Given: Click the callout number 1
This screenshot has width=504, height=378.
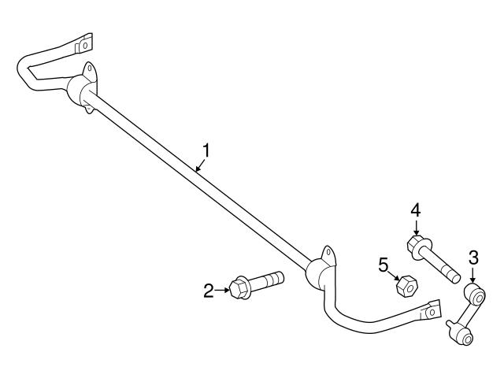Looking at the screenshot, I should click(x=207, y=149).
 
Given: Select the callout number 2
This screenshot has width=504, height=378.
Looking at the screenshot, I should click(x=209, y=291).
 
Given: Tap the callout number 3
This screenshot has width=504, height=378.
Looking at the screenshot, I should click(x=472, y=256).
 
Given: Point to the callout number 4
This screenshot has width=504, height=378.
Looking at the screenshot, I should click(x=416, y=209).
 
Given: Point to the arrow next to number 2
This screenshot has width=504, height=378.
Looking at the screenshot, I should click(x=223, y=291).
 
